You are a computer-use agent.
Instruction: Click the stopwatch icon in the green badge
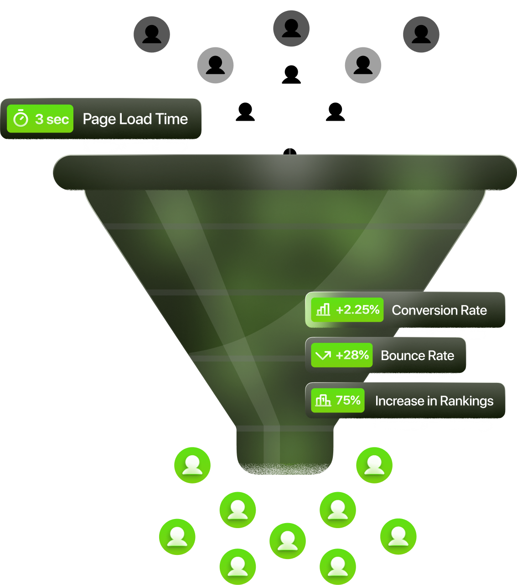click(21, 119)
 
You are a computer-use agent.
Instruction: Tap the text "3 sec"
click(52, 119)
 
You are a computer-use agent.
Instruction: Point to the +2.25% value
click(357, 310)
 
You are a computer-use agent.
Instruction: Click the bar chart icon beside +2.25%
click(323, 310)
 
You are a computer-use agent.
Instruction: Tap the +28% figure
click(352, 355)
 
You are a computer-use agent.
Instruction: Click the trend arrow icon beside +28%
click(323, 356)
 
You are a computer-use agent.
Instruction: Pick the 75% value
click(348, 401)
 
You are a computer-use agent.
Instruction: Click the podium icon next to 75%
click(323, 401)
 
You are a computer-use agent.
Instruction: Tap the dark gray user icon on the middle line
click(291, 28)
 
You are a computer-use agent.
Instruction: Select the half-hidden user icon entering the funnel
click(290, 149)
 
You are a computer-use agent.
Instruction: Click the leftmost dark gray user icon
click(152, 34)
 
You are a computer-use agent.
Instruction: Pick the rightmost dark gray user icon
click(421, 34)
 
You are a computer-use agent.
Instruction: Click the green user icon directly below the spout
click(288, 541)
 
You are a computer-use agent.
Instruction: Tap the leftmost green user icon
click(177, 536)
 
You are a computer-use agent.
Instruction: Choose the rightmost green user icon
click(398, 536)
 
